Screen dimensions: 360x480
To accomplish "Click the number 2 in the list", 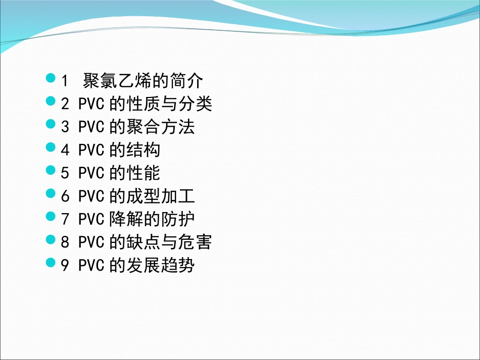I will click(x=65, y=104).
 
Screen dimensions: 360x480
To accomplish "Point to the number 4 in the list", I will click(x=65, y=150).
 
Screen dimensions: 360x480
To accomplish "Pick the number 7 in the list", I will click(x=65, y=220).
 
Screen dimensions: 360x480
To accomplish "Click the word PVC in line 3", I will click(x=91, y=127).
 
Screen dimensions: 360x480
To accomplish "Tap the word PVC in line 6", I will click(x=91, y=196).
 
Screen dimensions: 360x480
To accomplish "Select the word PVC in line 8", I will click(x=91, y=243).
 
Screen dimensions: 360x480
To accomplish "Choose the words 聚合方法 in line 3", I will click(x=160, y=127).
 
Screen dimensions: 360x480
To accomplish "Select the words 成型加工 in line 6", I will click(x=160, y=196).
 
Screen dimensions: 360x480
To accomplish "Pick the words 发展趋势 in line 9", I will click(x=160, y=266).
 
